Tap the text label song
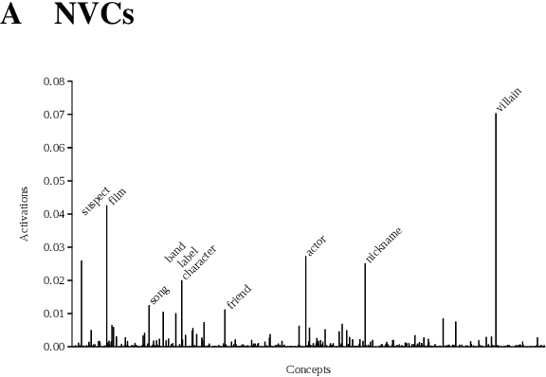click(159, 295)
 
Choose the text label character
click(199, 262)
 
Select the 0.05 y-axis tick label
click(54, 181)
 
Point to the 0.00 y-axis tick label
click(54, 347)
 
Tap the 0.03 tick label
click(54, 247)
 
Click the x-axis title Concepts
click(308, 369)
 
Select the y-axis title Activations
click(26, 213)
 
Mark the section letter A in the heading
click(11, 16)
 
